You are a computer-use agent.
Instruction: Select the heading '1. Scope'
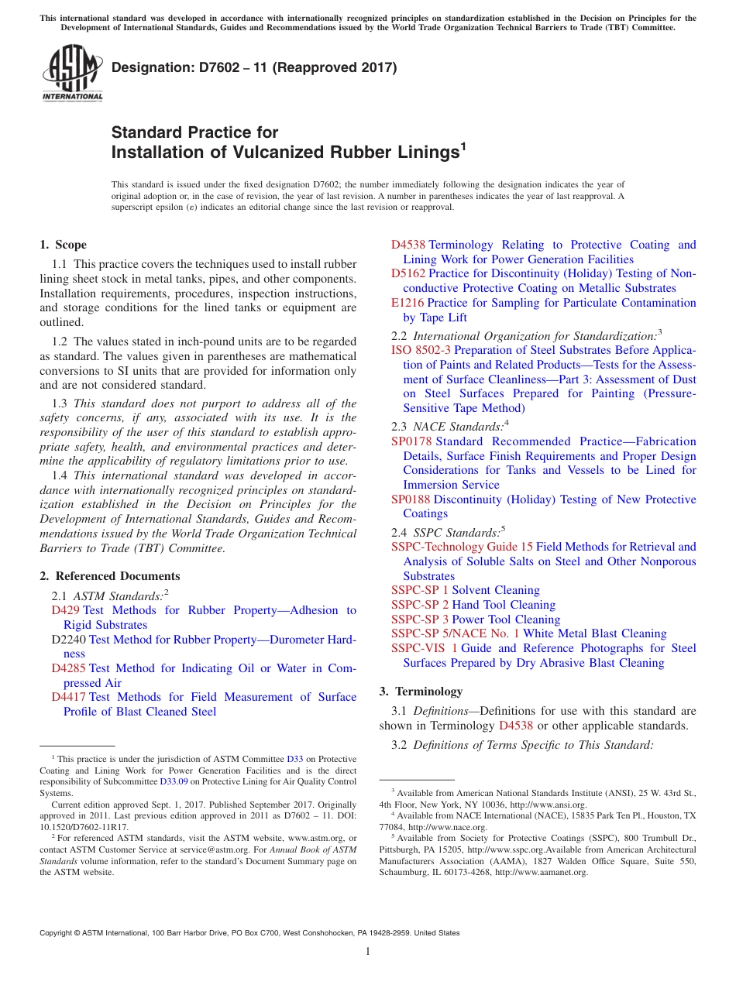coord(63,245)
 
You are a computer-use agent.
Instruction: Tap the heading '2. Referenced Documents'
coord(109,576)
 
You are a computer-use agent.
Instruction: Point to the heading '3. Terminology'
coord(421,692)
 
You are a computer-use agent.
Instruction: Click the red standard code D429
coord(65,610)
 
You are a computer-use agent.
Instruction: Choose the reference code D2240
coord(68,640)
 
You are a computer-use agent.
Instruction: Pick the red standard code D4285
coord(68,668)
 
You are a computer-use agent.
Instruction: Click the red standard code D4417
coord(68,697)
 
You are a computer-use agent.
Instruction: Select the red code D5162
coord(408,273)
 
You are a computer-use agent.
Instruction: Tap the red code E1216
coord(408,303)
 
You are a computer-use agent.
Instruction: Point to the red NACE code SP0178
coord(411,441)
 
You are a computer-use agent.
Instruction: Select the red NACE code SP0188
coord(411,499)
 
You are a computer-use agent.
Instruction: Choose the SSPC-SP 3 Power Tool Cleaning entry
coord(475,619)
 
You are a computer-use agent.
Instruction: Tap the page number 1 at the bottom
coord(368,952)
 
